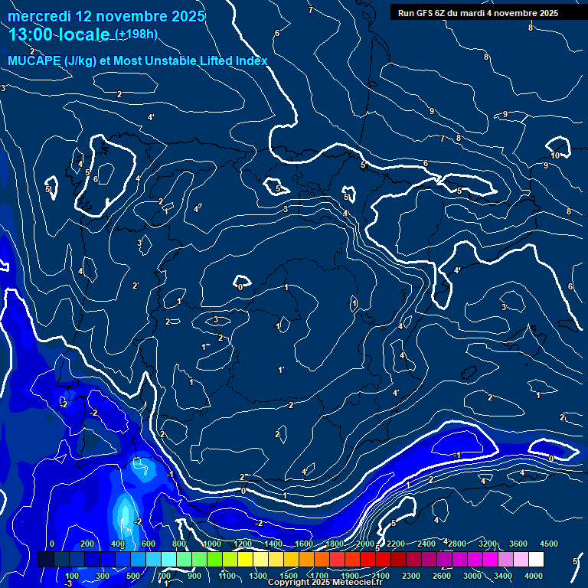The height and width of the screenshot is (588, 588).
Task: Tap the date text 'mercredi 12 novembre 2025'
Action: point(106,16)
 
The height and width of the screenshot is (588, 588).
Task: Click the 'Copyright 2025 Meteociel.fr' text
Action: point(325,583)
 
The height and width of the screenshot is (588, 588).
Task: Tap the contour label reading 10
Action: point(555,155)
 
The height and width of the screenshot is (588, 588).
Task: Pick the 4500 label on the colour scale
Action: point(548,544)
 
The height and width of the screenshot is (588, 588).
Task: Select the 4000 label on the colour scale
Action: point(534,576)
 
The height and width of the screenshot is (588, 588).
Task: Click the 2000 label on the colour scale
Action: point(365,544)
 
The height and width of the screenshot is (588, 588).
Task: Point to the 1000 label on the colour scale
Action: point(212,544)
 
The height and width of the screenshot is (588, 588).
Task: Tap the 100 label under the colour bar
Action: point(72,576)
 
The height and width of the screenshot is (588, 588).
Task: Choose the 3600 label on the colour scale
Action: point(518,544)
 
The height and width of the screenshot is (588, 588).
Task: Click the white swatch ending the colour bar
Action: point(536,560)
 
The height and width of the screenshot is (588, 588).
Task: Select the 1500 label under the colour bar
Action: point(289,576)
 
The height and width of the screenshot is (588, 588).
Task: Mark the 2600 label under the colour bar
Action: point(442,576)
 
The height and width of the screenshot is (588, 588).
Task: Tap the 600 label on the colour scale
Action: point(149,544)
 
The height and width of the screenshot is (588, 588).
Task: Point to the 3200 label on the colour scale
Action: point(487,544)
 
